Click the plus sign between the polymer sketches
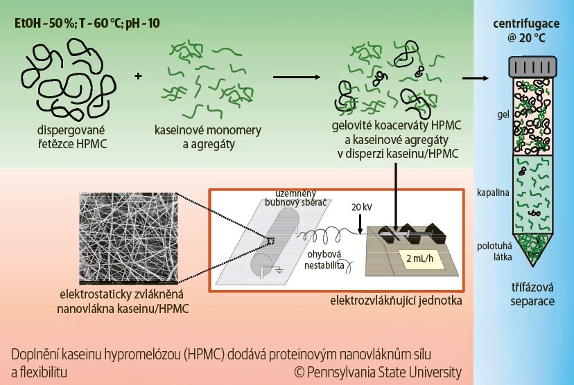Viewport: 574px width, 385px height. (x=138, y=74)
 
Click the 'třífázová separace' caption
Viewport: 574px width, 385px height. (x=530, y=297)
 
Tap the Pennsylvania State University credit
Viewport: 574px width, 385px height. (x=378, y=372)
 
